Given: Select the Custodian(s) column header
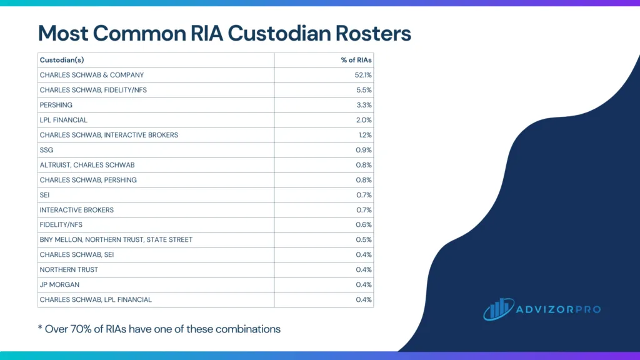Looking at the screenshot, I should coord(62,60).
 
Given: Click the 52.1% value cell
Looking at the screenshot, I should coord(363,75).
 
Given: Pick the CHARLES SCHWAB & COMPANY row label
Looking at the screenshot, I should coord(92,75).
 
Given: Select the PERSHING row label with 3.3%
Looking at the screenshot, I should coord(56,105).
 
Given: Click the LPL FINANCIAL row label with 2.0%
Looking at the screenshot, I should coord(64,120).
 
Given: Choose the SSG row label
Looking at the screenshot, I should coord(46,150).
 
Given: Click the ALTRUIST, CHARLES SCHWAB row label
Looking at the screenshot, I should coord(87,165).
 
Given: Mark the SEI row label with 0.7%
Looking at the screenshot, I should coord(45,195).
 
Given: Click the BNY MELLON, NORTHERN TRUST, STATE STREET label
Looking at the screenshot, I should coord(116,240).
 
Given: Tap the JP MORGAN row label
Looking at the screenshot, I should coord(59,285).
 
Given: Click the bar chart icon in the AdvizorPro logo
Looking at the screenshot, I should coord(498,309).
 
